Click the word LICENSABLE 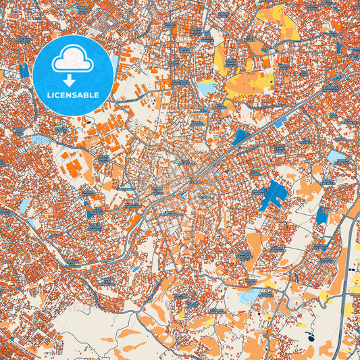point(73,95)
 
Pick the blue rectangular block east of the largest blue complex point(321,215)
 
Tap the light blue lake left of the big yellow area point(205,87)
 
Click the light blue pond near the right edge point(336,157)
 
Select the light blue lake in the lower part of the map point(250,295)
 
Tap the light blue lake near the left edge point(24,205)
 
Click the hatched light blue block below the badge point(41,139)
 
